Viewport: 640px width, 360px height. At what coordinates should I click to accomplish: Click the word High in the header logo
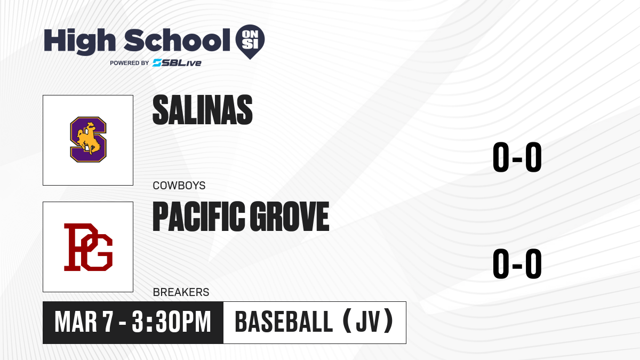pyautogui.click(x=79, y=42)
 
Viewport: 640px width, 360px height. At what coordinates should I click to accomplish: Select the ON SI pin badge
pyautogui.click(x=250, y=42)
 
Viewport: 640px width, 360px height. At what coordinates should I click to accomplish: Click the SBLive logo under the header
pyautogui.click(x=177, y=62)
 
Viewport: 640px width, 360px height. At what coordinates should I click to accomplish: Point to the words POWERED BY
pyautogui.click(x=130, y=63)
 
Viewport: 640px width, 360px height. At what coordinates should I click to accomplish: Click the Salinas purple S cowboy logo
pyautogui.click(x=89, y=139)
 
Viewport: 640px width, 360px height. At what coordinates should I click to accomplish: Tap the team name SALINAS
pyautogui.click(x=203, y=110)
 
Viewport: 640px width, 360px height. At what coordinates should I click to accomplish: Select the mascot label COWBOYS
pyautogui.click(x=179, y=186)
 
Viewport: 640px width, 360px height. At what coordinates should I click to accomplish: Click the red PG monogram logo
pyautogui.click(x=89, y=247)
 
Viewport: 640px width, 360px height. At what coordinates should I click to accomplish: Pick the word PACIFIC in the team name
pyautogui.click(x=199, y=217)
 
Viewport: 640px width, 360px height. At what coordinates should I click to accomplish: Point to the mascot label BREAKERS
pyautogui.click(x=181, y=292)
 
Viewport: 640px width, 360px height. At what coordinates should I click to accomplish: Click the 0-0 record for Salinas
pyautogui.click(x=517, y=157)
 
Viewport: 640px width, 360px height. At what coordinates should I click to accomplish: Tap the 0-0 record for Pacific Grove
pyautogui.click(x=517, y=263)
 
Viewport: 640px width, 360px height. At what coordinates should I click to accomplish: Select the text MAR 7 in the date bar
pyautogui.click(x=84, y=322)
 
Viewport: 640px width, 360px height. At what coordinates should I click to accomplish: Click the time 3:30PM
pyautogui.click(x=171, y=322)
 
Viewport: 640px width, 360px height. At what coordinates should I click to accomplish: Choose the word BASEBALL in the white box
pyautogui.click(x=284, y=322)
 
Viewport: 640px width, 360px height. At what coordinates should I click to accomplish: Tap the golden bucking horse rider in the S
pyautogui.click(x=89, y=139)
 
